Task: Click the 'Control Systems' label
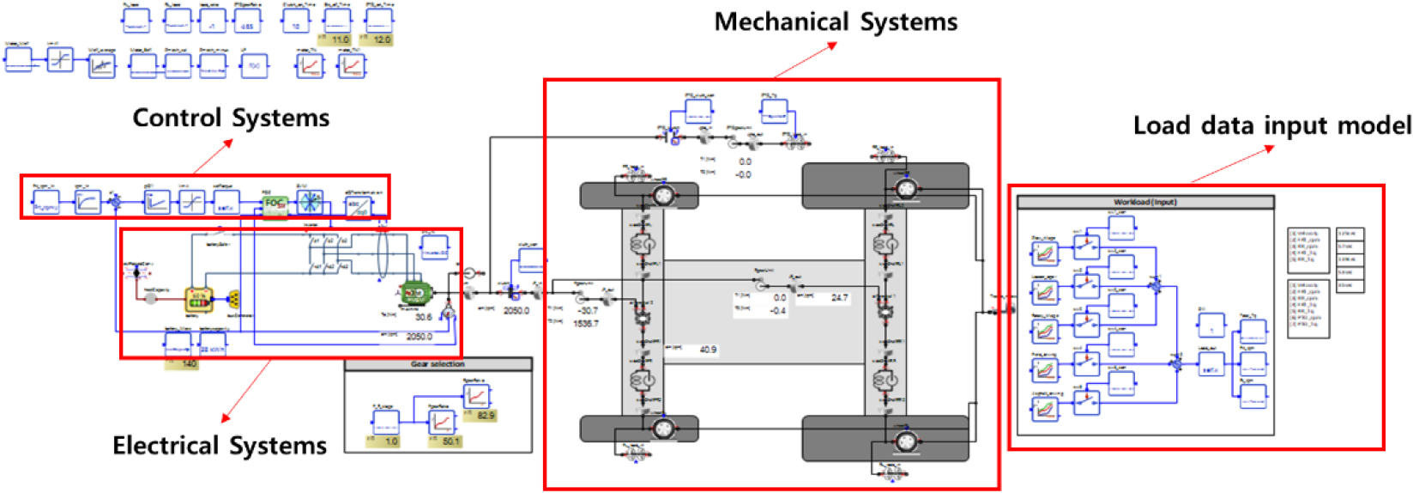pyautogui.click(x=231, y=119)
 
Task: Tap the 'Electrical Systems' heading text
pyautogui.click(x=220, y=446)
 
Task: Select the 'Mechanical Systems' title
pyautogui.click(x=836, y=22)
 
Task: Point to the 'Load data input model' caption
pyautogui.click(x=1271, y=126)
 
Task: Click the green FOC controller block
pyautogui.click(x=275, y=204)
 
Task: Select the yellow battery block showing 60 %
pyautogui.click(x=199, y=300)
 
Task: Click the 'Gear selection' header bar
pyautogui.click(x=438, y=364)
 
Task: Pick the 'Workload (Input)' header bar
pyautogui.click(x=1145, y=203)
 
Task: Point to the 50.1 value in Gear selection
pyautogui.click(x=451, y=441)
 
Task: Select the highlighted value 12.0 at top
pyautogui.click(x=382, y=40)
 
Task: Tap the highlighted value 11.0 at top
pyautogui.click(x=340, y=40)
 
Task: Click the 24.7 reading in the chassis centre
pyautogui.click(x=839, y=298)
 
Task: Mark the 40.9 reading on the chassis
pyautogui.click(x=708, y=350)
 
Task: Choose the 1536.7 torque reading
pyautogui.click(x=585, y=324)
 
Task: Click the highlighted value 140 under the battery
pyautogui.click(x=189, y=363)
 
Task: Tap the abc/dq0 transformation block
pyautogui.click(x=358, y=205)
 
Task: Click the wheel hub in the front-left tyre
pyautogui.click(x=661, y=196)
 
